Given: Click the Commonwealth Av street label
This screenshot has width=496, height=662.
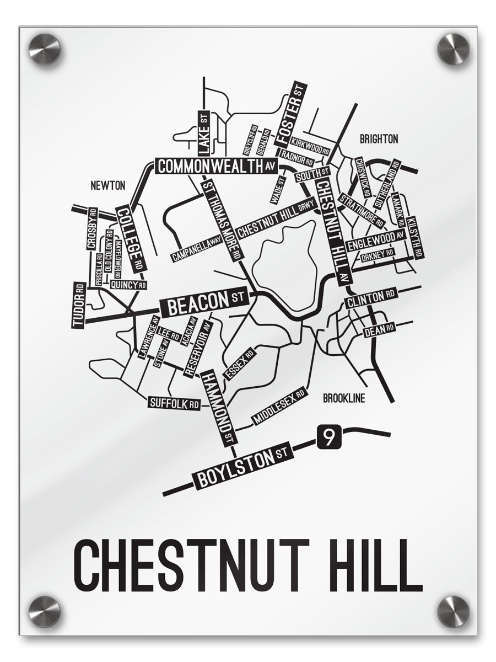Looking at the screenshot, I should (x=215, y=165).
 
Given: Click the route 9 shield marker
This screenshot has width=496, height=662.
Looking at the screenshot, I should (x=328, y=437).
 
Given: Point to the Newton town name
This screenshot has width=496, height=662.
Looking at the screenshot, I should (x=108, y=186).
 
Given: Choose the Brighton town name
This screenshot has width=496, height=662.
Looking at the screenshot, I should (x=379, y=139).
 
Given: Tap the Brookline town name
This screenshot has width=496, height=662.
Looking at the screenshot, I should (x=344, y=398).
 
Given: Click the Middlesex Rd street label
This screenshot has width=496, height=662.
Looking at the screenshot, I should (x=279, y=407).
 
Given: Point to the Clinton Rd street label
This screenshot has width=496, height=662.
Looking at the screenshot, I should (x=370, y=298).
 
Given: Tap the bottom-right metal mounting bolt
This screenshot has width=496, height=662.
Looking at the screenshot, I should (x=453, y=611).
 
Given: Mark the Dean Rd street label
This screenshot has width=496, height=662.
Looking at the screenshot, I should (x=379, y=330).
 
